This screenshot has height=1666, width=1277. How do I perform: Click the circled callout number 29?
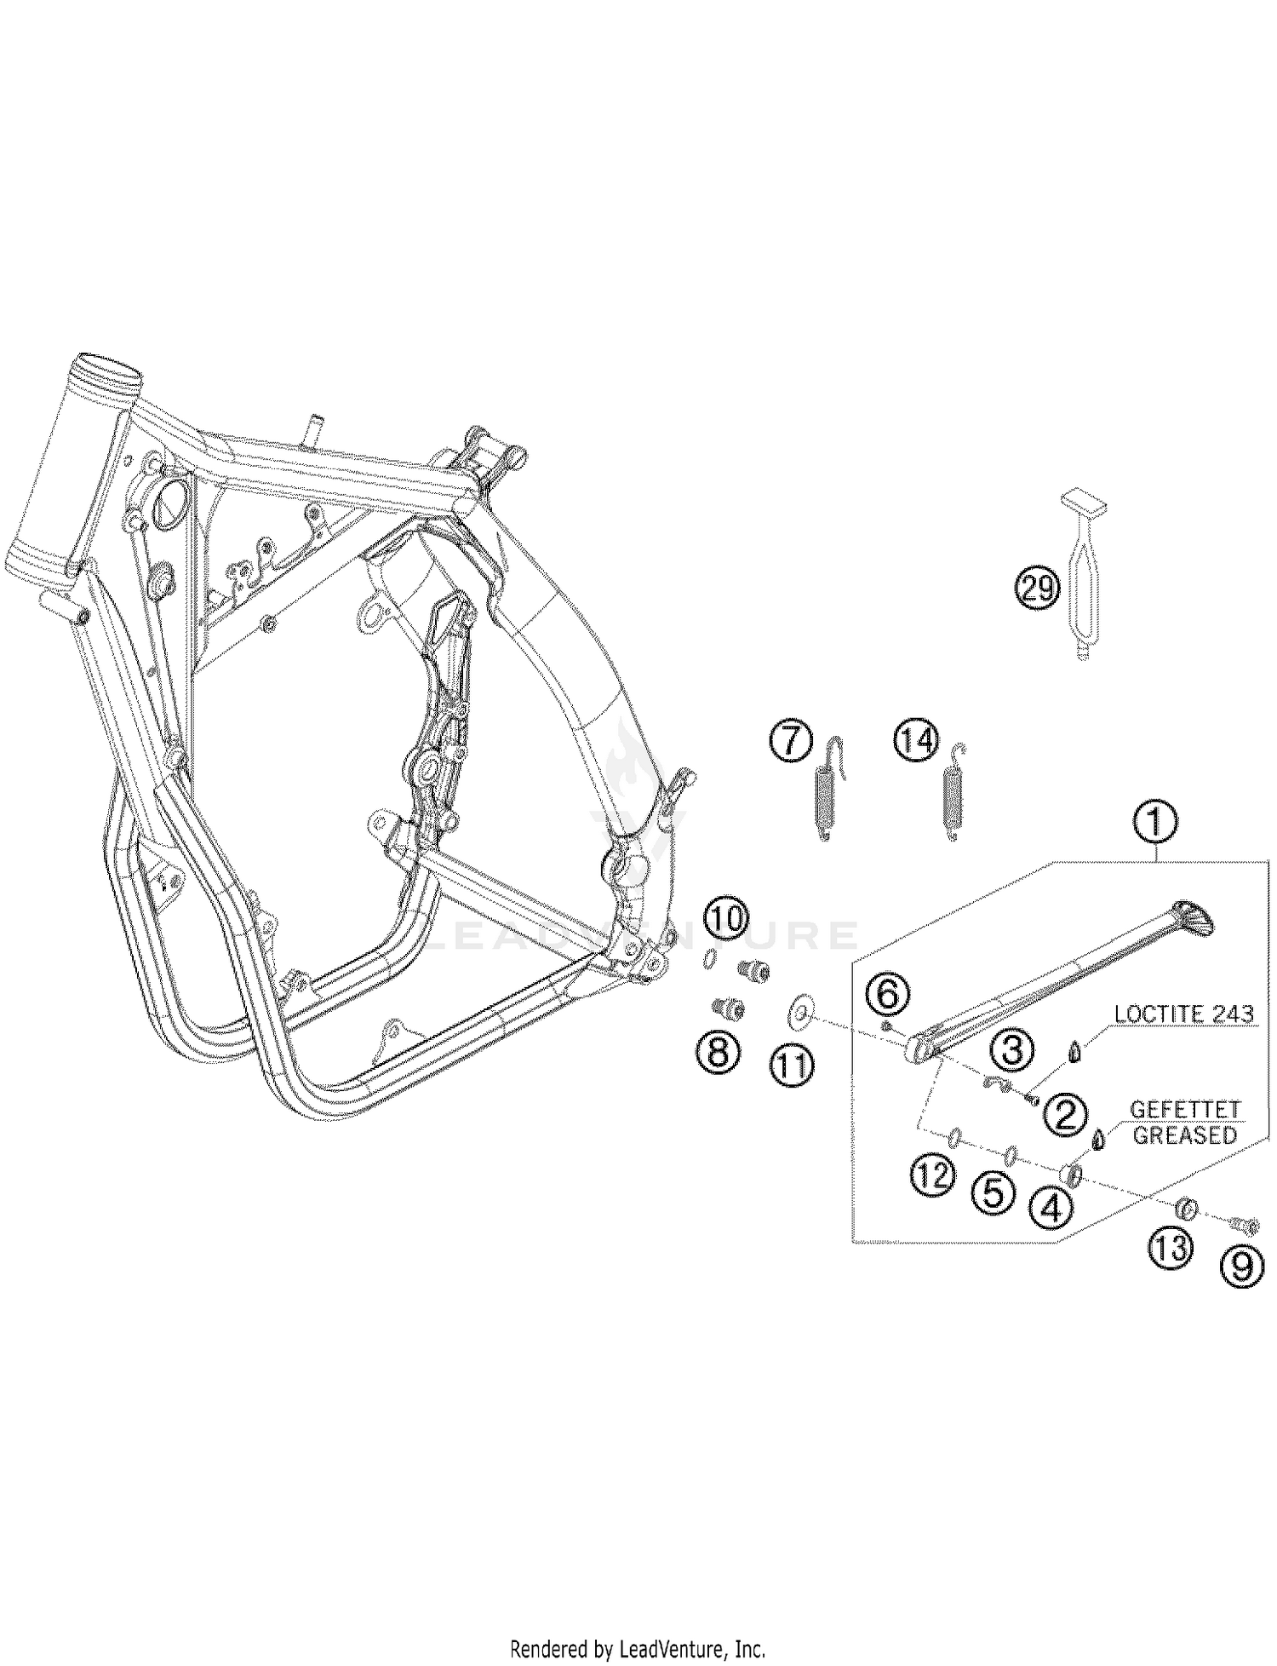[1037, 589]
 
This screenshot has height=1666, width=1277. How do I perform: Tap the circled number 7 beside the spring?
[791, 740]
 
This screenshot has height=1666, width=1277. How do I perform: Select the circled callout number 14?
[915, 740]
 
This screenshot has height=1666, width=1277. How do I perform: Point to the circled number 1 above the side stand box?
[1154, 823]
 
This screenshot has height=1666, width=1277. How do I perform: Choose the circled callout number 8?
[718, 1054]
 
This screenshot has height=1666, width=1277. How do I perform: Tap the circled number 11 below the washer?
[793, 1065]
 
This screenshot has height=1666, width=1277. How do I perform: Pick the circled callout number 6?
[887, 993]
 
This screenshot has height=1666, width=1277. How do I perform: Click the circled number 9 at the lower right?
[1242, 1267]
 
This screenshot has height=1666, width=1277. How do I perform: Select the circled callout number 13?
[1171, 1249]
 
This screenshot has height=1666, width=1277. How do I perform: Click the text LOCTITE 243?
[1183, 1014]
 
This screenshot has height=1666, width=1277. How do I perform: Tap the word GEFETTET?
[1184, 1111]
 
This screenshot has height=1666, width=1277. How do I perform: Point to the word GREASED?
[1184, 1135]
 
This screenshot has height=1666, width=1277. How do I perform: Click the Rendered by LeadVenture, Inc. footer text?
[638, 1648]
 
